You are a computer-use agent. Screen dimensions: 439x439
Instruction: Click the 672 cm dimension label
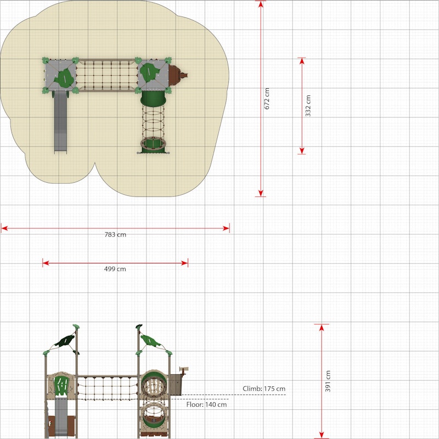267,99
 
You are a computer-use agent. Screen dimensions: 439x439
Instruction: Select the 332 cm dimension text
308,106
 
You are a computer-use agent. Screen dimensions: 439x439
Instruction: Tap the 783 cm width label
115,235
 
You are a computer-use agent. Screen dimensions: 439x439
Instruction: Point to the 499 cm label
115,269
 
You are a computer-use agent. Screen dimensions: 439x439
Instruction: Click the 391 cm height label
328,381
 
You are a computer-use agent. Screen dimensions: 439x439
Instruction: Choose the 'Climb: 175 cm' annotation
264,389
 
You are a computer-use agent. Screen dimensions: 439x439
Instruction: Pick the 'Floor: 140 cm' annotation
207,404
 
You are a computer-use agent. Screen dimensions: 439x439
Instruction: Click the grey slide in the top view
60,122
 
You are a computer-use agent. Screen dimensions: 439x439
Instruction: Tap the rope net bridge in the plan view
107,75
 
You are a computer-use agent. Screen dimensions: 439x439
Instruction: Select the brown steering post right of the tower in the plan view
177,75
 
